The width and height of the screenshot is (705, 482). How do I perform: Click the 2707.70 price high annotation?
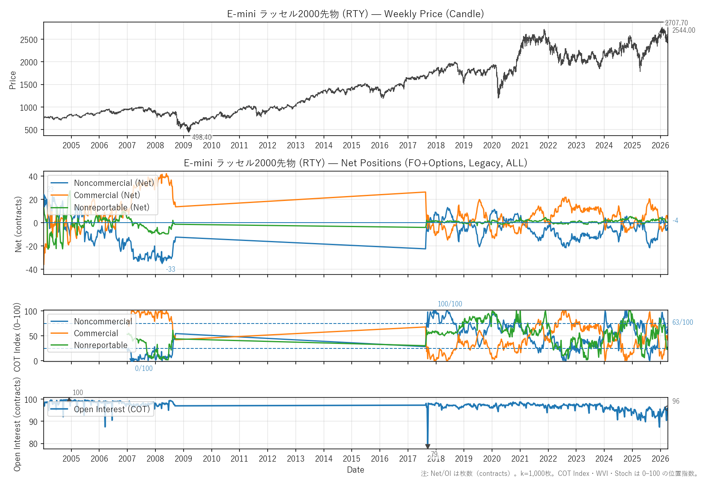tap(676, 23)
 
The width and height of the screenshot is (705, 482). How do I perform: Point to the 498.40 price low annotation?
tap(202, 137)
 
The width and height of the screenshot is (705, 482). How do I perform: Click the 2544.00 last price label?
tap(683, 30)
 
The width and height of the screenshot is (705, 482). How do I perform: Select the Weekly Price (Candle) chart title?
tap(355, 14)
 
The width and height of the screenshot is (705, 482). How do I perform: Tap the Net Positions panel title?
tap(355, 163)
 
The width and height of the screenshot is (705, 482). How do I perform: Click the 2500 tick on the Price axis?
tap(29, 40)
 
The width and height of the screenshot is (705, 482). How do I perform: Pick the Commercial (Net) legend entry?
tap(106, 195)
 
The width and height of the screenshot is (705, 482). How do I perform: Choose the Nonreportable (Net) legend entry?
tap(111, 208)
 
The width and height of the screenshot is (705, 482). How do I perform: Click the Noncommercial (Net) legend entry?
tap(114, 183)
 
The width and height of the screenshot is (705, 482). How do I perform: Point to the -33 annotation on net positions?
tap(171, 269)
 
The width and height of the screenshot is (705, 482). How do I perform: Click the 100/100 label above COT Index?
tap(450, 304)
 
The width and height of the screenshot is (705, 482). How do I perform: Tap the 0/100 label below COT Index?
tap(144, 368)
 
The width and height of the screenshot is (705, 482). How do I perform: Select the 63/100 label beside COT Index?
tap(682, 322)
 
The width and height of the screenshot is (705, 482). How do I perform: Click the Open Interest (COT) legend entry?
tap(112, 409)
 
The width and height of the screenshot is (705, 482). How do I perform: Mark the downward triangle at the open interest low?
tap(428, 446)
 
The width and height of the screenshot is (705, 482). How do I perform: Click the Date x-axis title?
tap(355, 470)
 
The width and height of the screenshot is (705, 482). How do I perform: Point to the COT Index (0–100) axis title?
tap(17, 337)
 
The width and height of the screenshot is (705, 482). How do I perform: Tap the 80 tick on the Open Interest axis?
tap(33, 444)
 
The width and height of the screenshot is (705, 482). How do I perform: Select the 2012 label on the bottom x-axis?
tap(267, 459)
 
